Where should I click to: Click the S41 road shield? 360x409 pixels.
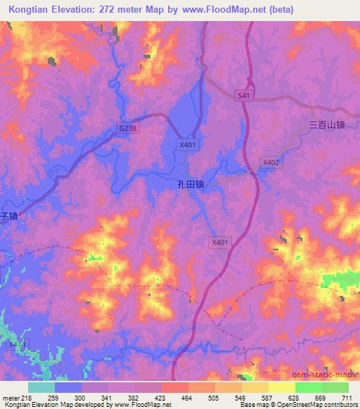(243, 94)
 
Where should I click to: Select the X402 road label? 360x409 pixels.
(271, 162)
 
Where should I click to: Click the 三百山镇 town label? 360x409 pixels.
(327, 125)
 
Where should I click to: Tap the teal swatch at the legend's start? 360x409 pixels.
(41, 387)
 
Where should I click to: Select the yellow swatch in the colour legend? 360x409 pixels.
(281, 387)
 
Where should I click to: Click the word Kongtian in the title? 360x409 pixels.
(32, 10)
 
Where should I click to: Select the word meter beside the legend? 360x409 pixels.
(11, 398)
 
